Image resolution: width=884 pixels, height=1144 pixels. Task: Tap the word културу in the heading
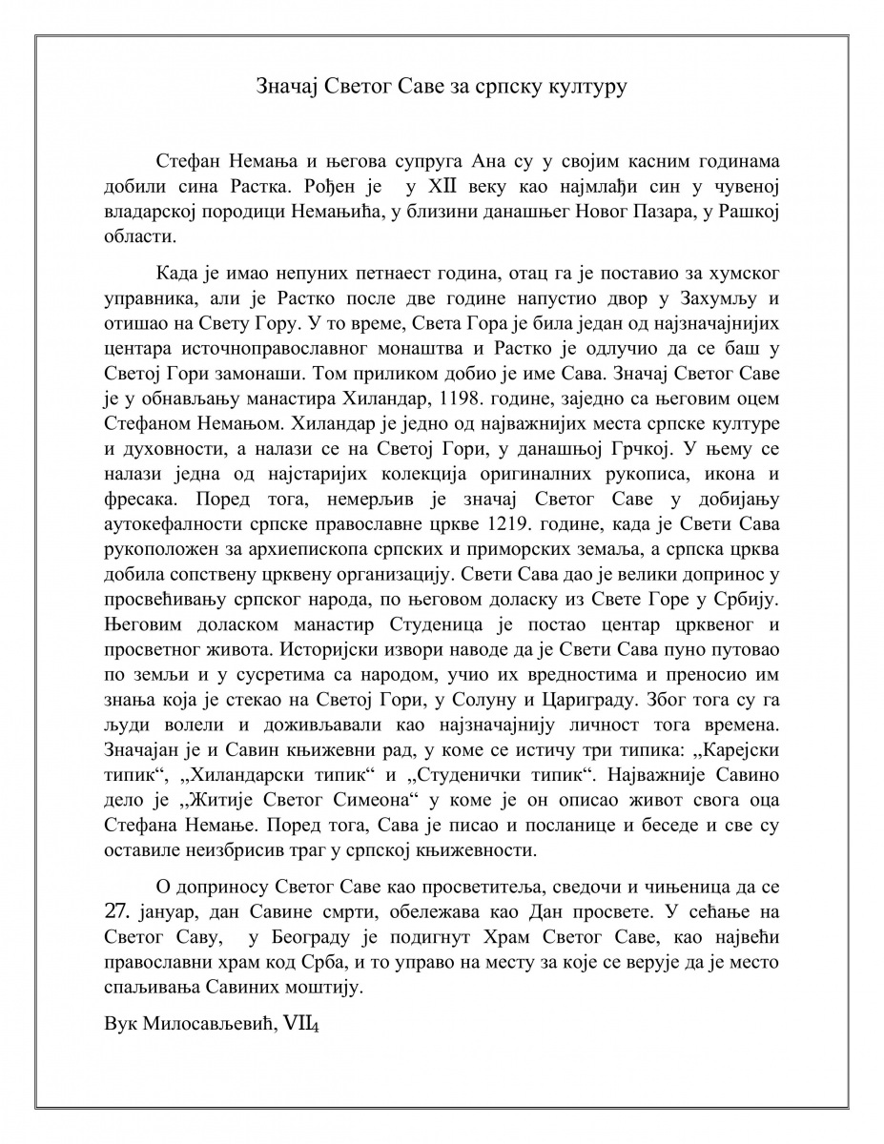pos(585,88)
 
